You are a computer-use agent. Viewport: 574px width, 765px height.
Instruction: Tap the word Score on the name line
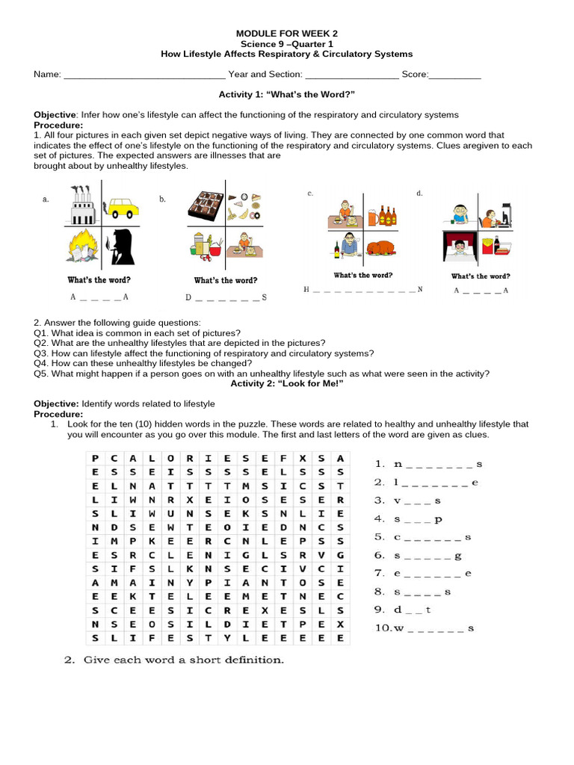click(414, 75)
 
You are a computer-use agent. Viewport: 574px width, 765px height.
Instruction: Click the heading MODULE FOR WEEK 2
click(287, 34)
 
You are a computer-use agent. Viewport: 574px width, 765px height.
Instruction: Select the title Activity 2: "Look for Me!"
click(287, 383)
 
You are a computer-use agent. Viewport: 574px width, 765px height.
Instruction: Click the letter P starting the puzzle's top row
click(95, 457)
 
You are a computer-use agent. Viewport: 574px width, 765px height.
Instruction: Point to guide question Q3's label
click(40, 353)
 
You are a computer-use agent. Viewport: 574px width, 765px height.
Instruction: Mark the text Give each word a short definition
click(184, 660)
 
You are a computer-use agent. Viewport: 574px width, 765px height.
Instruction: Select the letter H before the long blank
click(306, 289)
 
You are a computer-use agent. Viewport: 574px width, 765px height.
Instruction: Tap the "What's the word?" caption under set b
click(226, 281)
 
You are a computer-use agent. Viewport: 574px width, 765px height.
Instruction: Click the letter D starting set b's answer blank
click(188, 297)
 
